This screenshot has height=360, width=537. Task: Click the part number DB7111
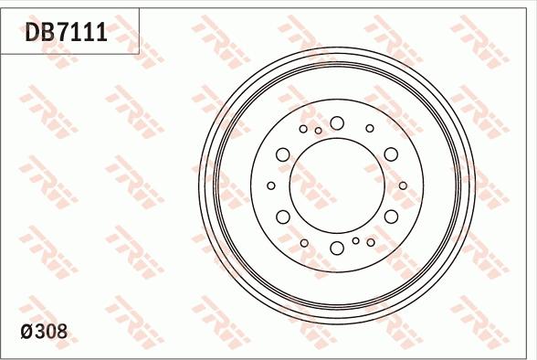pyautogui.click(x=67, y=34)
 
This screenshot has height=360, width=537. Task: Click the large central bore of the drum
pyautogui.click(x=336, y=185)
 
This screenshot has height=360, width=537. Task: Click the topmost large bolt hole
pyautogui.click(x=337, y=122)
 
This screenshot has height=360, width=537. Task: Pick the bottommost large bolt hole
pyautogui.click(x=337, y=248)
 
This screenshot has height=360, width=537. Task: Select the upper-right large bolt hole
pyautogui.click(x=391, y=154)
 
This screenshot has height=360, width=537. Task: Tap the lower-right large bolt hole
pyautogui.click(x=391, y=217)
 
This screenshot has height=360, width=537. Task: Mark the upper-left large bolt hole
pyautogui.click(x=283, y=154)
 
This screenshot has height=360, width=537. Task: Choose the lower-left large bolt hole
pyautogui.click(x=283, y=217)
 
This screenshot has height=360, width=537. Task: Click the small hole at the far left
pyautogui.click(x=271, y=185)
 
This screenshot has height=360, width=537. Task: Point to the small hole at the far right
pyautogui.click(x=403, y=185)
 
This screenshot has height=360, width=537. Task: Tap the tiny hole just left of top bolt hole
pyautogui.click(x=318, y=131)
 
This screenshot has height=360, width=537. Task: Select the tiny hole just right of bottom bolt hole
pyautogui.click(x=355, y=240)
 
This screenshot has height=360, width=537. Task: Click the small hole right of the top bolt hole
pyautogui.click(x=370, y=128)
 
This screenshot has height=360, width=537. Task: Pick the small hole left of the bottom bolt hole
pyautogui.click(x=304, y=242)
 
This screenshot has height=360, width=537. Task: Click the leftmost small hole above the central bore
pyautogui.click(x=304, y=128)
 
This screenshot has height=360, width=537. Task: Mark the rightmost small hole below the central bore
pyautogui.click(x=370, y=242)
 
